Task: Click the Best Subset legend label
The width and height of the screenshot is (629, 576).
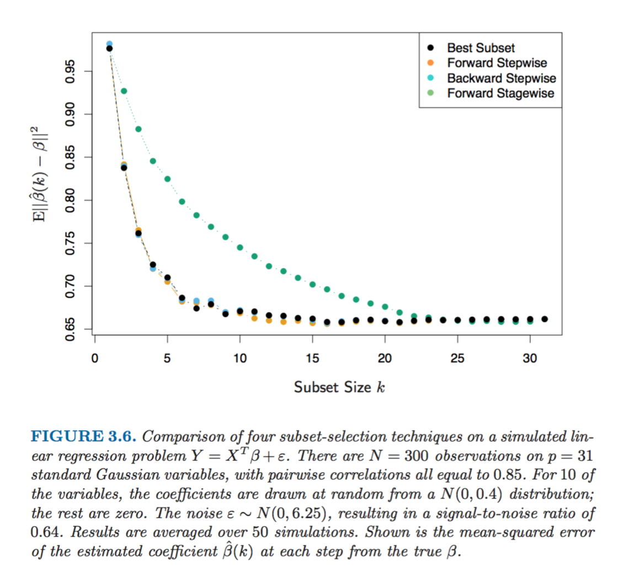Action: [481, 48]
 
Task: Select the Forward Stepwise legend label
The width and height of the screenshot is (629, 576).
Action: [497, 63]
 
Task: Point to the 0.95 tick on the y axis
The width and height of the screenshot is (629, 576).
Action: [71, 71]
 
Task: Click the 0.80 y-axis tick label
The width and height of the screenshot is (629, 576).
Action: [71, 200]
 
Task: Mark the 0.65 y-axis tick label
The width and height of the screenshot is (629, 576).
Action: [71, 329]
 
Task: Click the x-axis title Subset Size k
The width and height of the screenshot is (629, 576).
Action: [339, 387]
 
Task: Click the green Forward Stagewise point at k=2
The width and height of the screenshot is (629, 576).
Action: [124, 91]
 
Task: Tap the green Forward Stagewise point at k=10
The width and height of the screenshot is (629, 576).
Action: [240, 248]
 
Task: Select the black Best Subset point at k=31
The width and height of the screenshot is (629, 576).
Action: [545, 319]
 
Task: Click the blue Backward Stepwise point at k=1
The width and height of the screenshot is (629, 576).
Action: [109, 44]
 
